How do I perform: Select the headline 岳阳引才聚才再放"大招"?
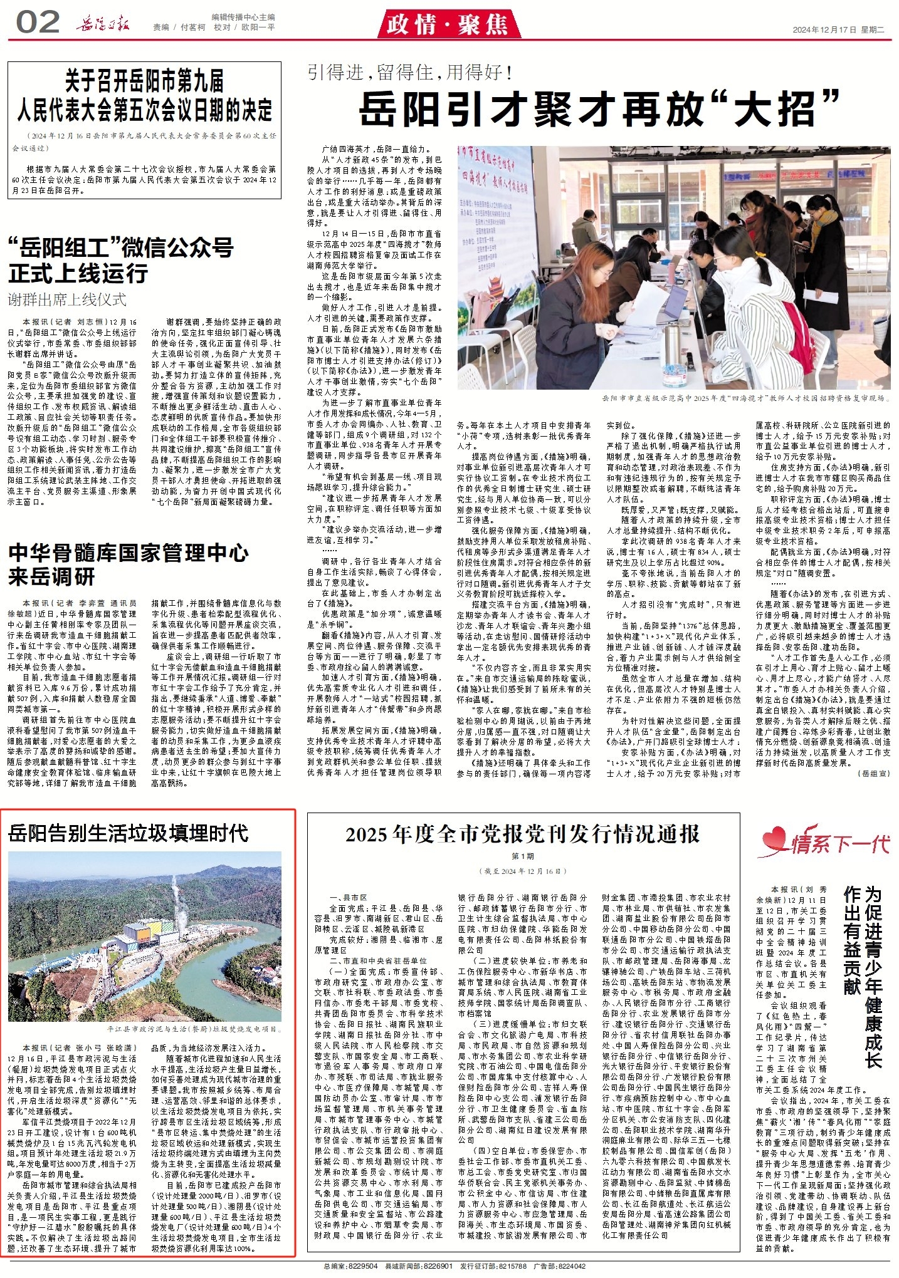point(599,109)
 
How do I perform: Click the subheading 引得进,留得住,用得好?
point(411,73)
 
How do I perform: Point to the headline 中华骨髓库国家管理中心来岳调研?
point(129,564)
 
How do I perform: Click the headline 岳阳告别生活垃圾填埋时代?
point(129,833)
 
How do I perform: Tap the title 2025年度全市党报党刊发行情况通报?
point(522,834)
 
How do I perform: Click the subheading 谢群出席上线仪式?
point(67,299)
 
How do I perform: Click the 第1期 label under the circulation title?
point(522,856)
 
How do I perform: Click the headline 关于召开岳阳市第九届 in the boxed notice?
point(145,81)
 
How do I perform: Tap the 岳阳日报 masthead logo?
point(103,25)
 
